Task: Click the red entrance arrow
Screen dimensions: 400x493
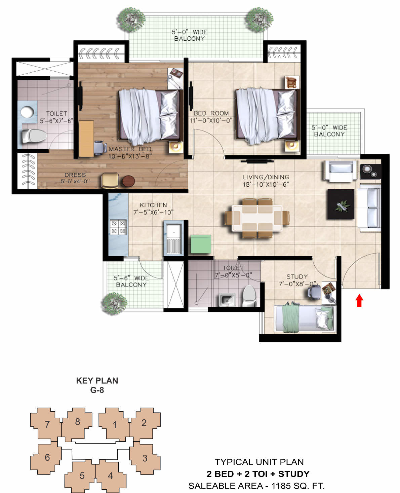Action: [x=359, y=300]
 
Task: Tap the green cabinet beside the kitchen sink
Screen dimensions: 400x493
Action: [x=201, y=244]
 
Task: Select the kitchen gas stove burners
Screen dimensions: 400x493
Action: [x=118, y=227]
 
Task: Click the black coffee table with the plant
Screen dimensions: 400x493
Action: [x=341, y=204]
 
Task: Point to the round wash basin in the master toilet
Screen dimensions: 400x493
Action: [x=27, y=112]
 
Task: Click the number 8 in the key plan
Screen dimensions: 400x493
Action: [x=78, y=421]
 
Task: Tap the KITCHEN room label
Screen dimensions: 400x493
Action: [x=153, y=205]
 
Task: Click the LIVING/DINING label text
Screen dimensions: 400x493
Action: [x=266, y=177]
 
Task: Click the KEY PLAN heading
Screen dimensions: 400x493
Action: [x=97, y=381]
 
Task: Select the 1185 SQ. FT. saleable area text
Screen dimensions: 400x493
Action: [x=298, y=486]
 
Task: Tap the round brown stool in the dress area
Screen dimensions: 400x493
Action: [x=128, y=181]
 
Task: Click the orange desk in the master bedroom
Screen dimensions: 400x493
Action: [x=86, y=139]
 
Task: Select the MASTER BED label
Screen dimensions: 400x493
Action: [x=130, y=149]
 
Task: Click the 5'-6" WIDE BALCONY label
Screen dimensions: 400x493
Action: [x=131, y=281]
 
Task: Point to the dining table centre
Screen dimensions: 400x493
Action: [x=257, y=218]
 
